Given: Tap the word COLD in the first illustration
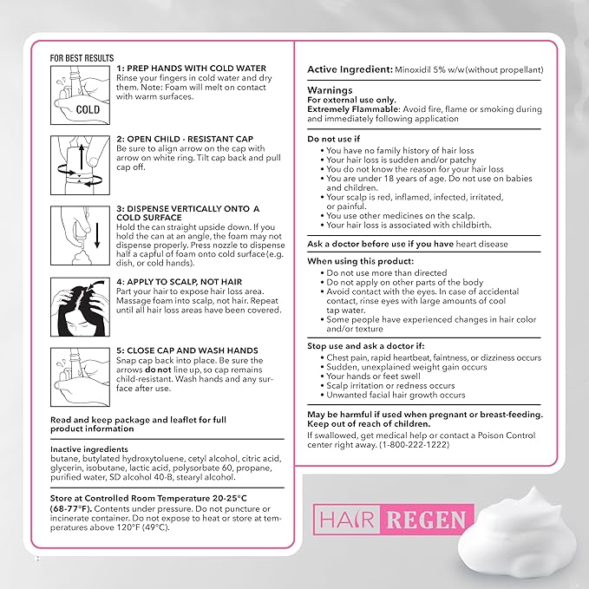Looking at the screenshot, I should [88, 110].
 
